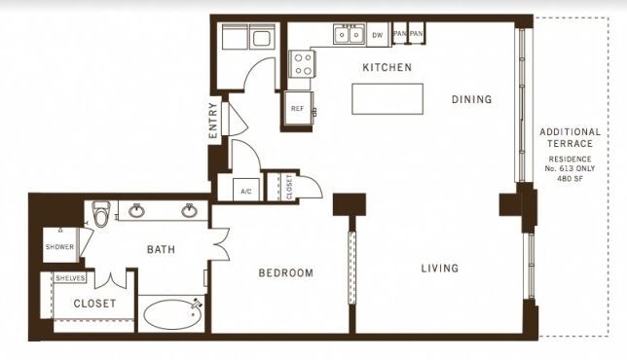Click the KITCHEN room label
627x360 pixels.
(387, 67)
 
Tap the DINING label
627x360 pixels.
(472, 99)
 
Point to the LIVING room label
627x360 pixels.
(440, 269)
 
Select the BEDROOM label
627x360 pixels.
(286, 272)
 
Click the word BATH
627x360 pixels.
(162, 250)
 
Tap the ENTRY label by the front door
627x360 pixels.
(213, 121)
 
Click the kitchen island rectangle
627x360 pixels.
(387, 98)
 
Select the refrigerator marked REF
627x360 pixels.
(298, 108)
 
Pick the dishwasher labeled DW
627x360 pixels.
(378, 35)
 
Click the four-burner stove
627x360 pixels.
(302, 64)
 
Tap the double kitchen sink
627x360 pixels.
(350, 34)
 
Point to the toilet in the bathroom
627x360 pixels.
(100, 213)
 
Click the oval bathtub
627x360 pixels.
(172, 314)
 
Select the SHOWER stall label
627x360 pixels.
(60, 247)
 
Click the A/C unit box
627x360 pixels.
(246, 190)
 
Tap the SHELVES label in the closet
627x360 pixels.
(70, 278)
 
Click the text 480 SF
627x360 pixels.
(570, 179)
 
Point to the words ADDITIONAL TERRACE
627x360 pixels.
(570, 137)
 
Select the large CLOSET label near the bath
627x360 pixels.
(94, 304)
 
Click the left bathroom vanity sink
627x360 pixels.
(136, 210)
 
